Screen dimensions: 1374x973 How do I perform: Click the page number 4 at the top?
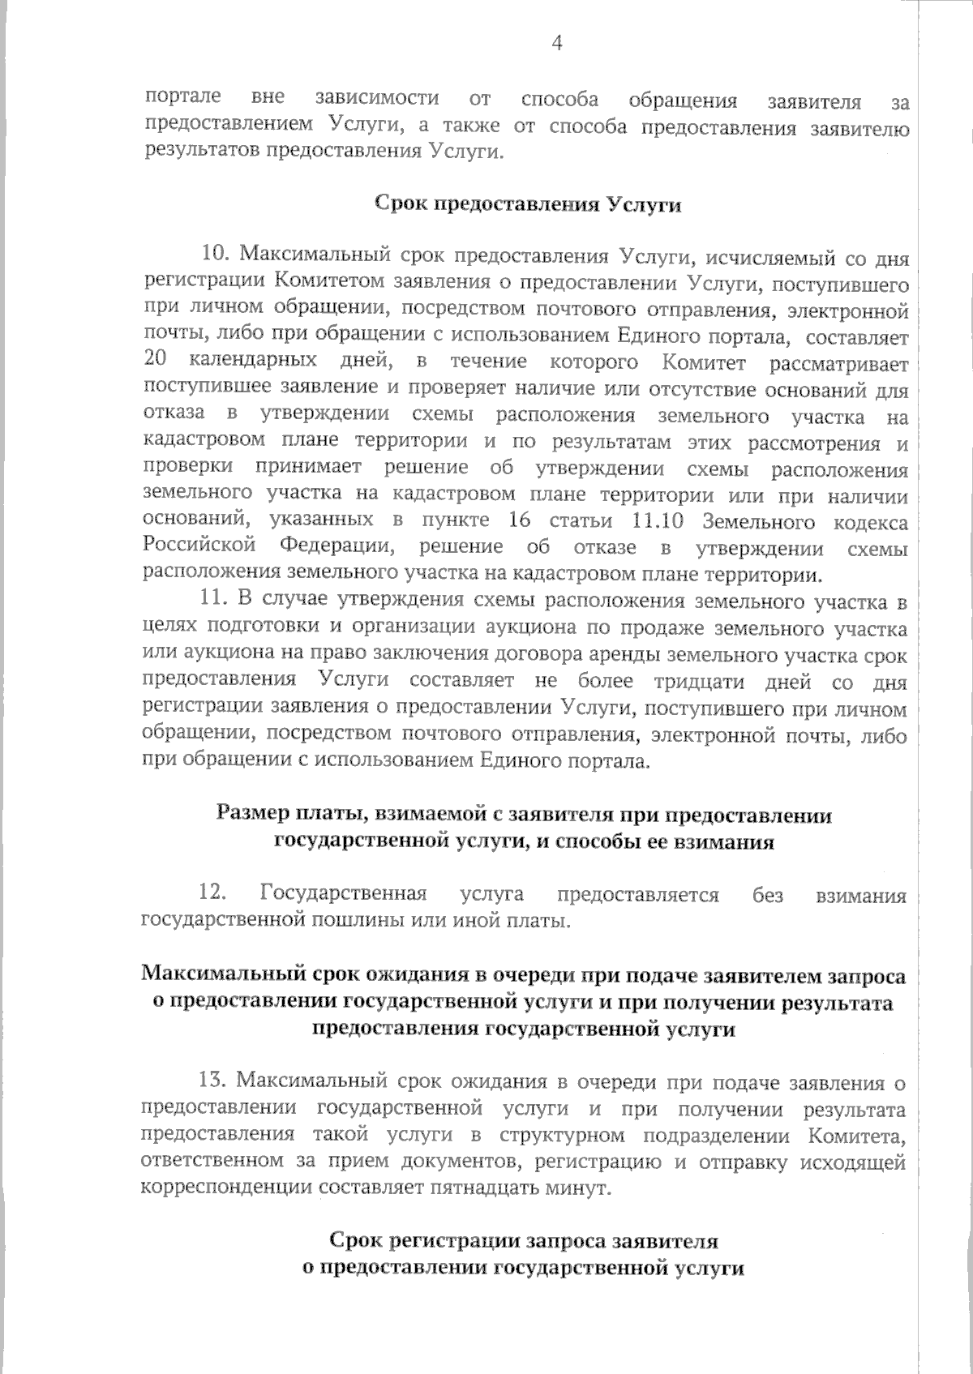point(557,44)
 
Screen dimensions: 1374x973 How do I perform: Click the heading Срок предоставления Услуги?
point(527,204)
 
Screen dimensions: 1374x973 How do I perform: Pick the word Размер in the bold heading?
point(250,815)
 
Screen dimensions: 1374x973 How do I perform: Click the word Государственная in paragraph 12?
point(343,895)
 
